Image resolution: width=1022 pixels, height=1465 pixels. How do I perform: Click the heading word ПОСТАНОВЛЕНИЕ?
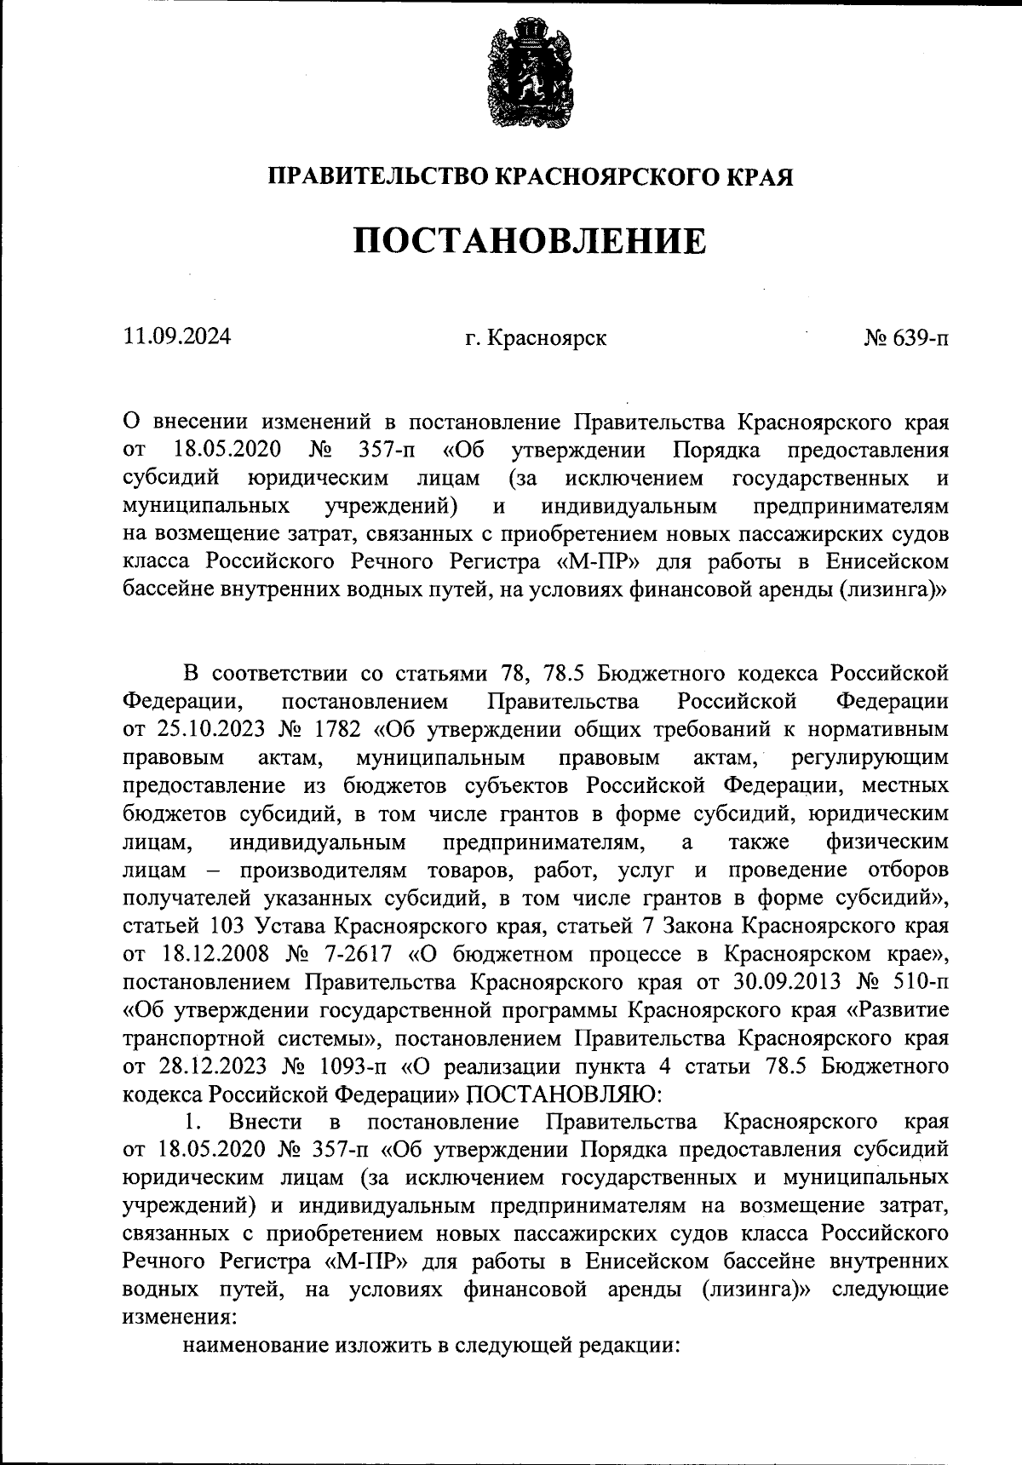530,241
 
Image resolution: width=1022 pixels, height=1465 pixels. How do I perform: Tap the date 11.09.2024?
177,336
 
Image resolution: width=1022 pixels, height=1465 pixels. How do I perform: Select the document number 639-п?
921,338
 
